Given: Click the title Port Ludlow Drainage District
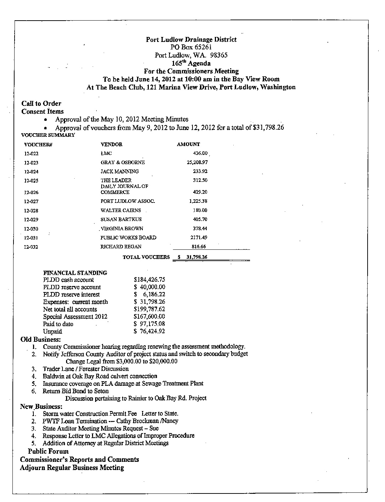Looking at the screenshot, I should [x=191, y=39].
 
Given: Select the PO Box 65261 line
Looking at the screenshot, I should [x=191, y=47].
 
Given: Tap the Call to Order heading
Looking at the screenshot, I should [x=41, y=103].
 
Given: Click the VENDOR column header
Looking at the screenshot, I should [x=112, y=144].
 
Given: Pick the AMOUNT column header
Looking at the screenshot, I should [x=188, y=144].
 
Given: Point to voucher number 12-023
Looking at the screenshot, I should [x=31, y=163].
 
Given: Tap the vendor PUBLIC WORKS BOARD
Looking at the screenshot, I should [x=128, y=237].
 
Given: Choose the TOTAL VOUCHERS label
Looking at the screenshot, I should [x=146, y=257].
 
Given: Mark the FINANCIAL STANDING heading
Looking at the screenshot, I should [x=75, y=273].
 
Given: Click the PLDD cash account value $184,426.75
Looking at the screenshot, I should [x=149, y=280].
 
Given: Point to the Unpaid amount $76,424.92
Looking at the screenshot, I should [x=149, y=331].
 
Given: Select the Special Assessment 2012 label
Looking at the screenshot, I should [x=75, y=317].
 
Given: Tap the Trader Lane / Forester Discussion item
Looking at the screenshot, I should [x=86, y=369].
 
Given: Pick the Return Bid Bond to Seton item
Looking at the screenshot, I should [x=76, y=391].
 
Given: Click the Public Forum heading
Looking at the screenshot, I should [x=48, y=452].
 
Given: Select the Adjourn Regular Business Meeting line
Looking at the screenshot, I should [x=72, y=468].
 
